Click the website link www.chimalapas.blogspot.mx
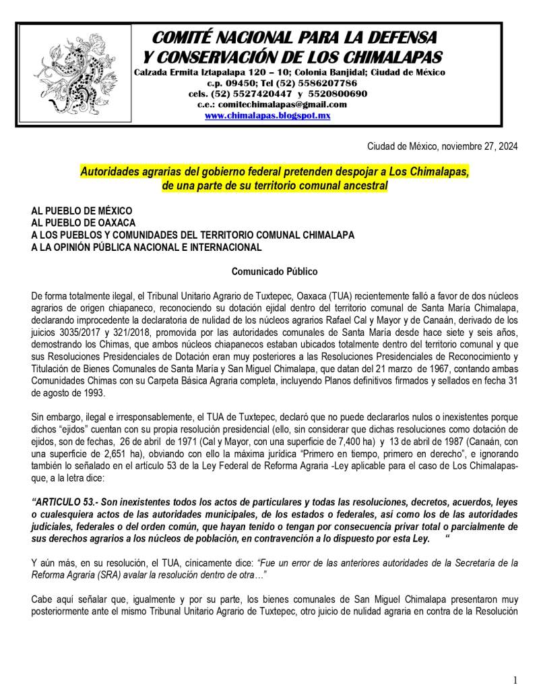[x=267, y=115]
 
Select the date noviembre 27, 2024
[x=479, y=146]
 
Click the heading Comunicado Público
[x=270, y=272]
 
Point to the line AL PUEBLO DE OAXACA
[x=84, y=222]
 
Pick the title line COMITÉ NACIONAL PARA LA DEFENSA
[x=294, y=37]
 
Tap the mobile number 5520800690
[x=337, y=94]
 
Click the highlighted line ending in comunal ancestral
[x=276, y=185]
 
